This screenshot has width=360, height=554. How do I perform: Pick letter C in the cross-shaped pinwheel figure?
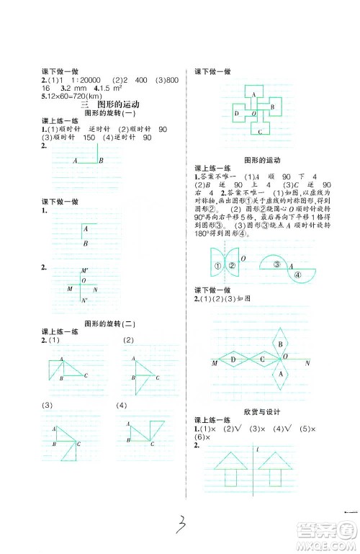(x=260, y=132)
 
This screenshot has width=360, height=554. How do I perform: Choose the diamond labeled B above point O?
(x=280, y=344)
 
